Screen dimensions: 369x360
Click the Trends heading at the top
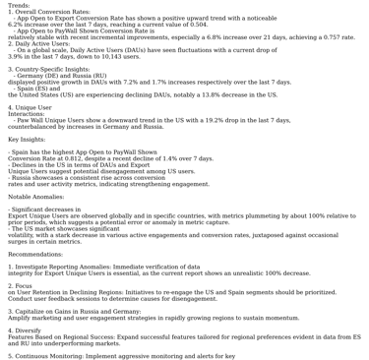coord(20,5)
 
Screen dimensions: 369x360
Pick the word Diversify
coord(35,330)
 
